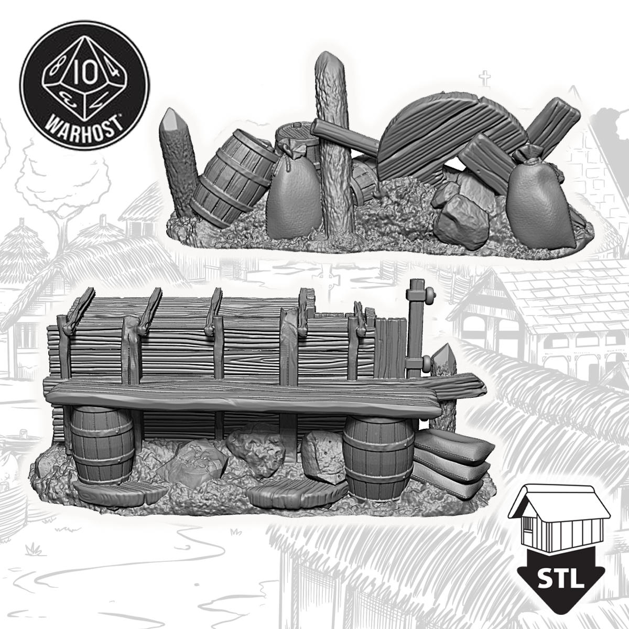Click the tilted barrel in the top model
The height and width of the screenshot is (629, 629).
[x=233, y=177]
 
